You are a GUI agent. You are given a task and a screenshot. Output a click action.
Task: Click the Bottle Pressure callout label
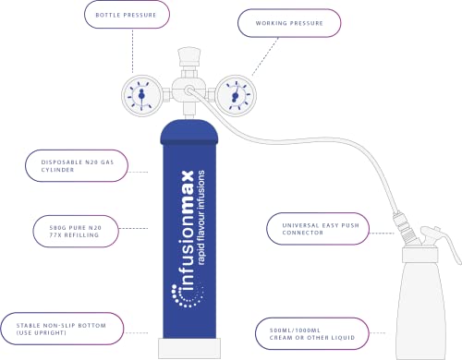click(127, 15)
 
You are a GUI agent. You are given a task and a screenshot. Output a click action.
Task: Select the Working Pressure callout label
click(289, 23)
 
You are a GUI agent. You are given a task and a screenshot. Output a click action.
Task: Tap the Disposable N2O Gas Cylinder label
click(77, 166)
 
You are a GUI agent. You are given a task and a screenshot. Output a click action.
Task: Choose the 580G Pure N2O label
click(76, 232)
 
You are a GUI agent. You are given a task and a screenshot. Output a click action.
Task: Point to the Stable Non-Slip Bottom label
click(62, 329)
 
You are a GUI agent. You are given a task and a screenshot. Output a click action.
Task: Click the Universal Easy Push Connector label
click(318, 229)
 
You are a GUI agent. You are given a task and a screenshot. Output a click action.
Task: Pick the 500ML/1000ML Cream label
click(312, 334)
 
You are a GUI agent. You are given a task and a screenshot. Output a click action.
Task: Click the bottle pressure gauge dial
click(141, 96)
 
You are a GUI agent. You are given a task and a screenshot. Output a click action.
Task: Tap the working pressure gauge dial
click(236, 96)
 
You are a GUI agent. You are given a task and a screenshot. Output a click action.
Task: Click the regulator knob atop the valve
click(189, 55)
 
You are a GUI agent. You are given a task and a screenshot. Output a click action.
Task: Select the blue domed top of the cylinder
click(189, 132)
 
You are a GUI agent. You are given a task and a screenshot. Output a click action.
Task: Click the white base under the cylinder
click(189, 348)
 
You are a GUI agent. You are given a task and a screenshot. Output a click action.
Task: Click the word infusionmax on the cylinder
click(187, 230)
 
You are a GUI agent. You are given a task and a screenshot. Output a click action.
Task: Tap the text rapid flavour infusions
click(201, 217)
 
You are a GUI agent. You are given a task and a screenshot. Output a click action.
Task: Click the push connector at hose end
click(405, 226)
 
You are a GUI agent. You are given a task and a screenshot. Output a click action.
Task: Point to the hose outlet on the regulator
click(189, 90)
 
